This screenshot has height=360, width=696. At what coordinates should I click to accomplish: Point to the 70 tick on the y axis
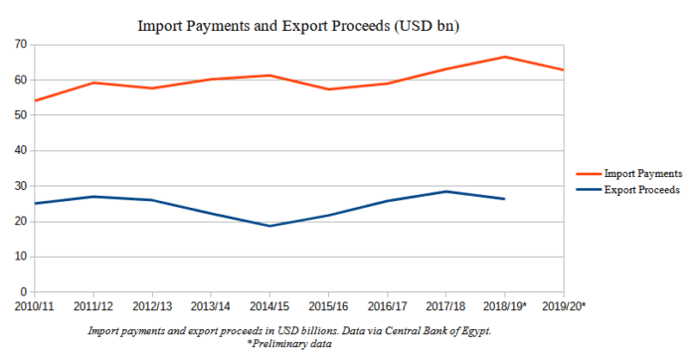coord(19,45)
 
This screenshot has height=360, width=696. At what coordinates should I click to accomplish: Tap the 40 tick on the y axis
coord(19,151)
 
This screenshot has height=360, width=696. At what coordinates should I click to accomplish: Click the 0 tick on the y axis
coord(22,292)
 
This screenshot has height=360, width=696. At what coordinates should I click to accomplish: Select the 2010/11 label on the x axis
coord(34,306)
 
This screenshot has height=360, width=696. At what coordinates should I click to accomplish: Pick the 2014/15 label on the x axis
coord(269,306)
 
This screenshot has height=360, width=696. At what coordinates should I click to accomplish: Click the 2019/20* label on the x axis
coord(563,306)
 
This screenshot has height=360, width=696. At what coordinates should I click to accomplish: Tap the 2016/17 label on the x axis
coord(387,306)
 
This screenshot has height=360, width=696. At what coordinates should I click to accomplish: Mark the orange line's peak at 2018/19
coord(504,57)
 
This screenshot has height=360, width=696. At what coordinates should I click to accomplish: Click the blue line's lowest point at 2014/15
coord(269,226)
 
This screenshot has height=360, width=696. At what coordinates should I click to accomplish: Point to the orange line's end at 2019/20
coord(563,70)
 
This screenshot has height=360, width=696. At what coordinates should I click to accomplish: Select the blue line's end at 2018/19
coord(504,199)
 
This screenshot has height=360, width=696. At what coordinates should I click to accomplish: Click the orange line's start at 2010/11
coord(34,100)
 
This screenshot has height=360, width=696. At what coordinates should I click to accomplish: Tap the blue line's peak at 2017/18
coord(445,191)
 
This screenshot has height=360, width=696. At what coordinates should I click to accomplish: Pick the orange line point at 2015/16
coord(328,90)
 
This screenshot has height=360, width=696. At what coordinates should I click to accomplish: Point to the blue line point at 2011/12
coord(92,196)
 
